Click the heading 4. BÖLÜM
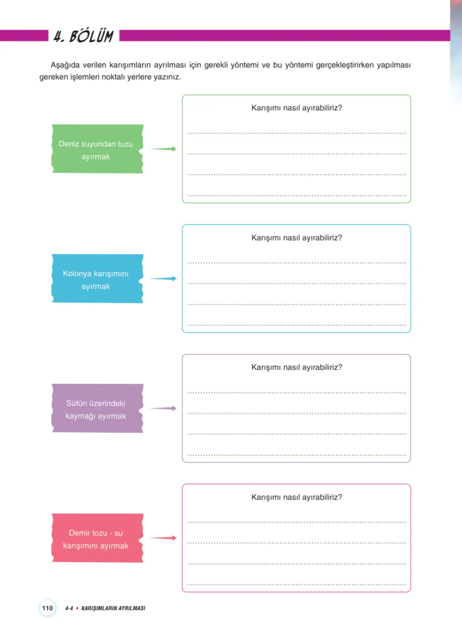coord(84,36)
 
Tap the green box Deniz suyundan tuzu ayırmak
coord(98,149)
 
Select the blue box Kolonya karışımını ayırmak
coord(98,279)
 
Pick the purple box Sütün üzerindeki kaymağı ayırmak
coord(98,408)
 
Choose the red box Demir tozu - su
coord(98,538)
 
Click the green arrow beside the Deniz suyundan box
coord(163,149)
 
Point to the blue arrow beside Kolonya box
coord(163,279)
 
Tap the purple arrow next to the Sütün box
coord(163,408)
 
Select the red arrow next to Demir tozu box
coord(163,538)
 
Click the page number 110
coord(47,608)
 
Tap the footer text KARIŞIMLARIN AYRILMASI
coord(113,608)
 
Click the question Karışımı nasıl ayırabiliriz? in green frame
coord(297,108)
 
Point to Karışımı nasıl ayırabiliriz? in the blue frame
coord(297,238)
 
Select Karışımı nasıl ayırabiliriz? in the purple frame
coord(297,368)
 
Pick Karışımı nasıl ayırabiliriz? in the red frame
coord(297,498)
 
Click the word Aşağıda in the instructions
coord(65,65)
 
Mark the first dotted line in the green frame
coord(297,133)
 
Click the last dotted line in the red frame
coord(297,585)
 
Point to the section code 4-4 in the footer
coord(69,608)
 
